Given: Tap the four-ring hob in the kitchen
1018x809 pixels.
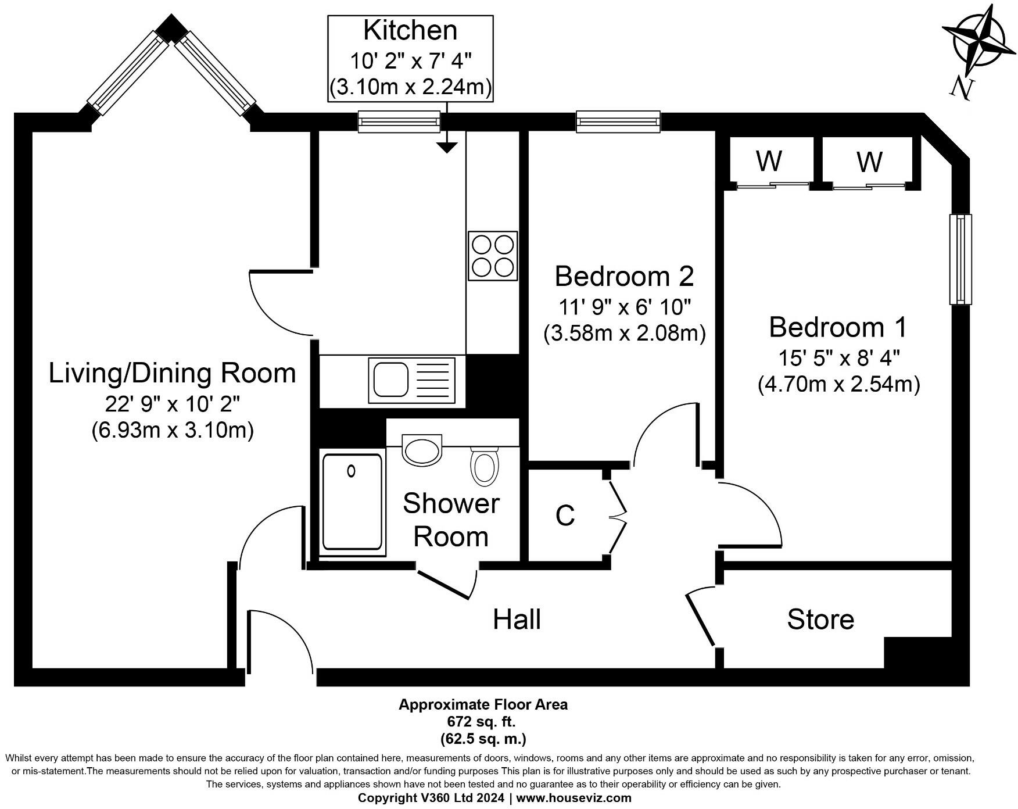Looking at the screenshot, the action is (493, 256).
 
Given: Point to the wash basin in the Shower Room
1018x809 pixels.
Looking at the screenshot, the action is (422, 449).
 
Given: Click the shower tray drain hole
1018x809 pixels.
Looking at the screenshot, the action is (351, 471).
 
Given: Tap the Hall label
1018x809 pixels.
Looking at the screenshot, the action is (517, 620).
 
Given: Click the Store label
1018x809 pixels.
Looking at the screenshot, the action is (820, 620).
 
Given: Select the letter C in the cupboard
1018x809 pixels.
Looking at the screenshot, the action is (565, 516).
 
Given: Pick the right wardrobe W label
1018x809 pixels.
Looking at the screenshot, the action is (869, 162).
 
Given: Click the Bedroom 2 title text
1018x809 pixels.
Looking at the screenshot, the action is (625, 276).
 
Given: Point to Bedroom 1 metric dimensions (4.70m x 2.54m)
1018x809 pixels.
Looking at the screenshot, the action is (839, 385).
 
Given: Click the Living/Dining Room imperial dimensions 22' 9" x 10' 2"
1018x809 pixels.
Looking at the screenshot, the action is (173, 403).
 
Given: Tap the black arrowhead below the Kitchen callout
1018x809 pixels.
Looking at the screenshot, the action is (446, 148).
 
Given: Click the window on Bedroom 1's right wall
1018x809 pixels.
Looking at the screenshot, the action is (960, 259).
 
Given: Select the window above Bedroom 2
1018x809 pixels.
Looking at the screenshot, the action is (618, 121).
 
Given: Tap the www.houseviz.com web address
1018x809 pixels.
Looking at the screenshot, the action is (573, 798).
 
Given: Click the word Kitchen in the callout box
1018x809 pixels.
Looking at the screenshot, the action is (410, 31).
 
